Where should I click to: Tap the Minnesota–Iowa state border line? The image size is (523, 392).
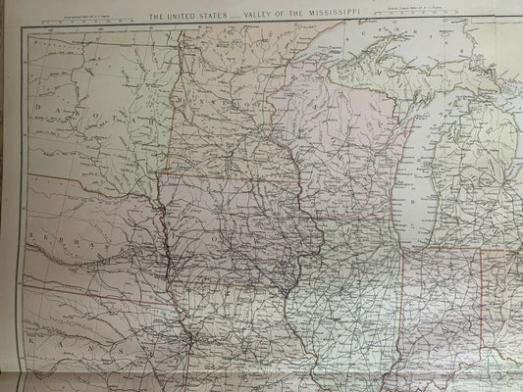pyautogui.click(x=235, y=181)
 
